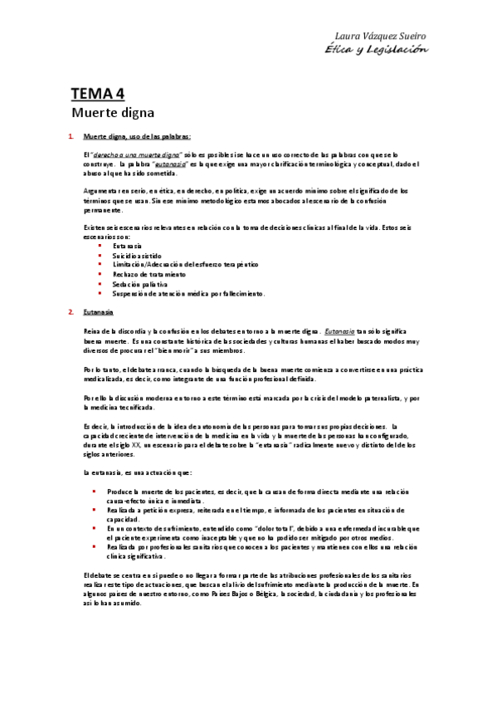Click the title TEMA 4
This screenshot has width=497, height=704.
tap(97, 94)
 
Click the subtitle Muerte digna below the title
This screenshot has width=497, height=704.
tap(112, 110)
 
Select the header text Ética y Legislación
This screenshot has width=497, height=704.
tap(377, 48)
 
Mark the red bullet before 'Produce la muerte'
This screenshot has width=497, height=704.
tap(95, 491)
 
